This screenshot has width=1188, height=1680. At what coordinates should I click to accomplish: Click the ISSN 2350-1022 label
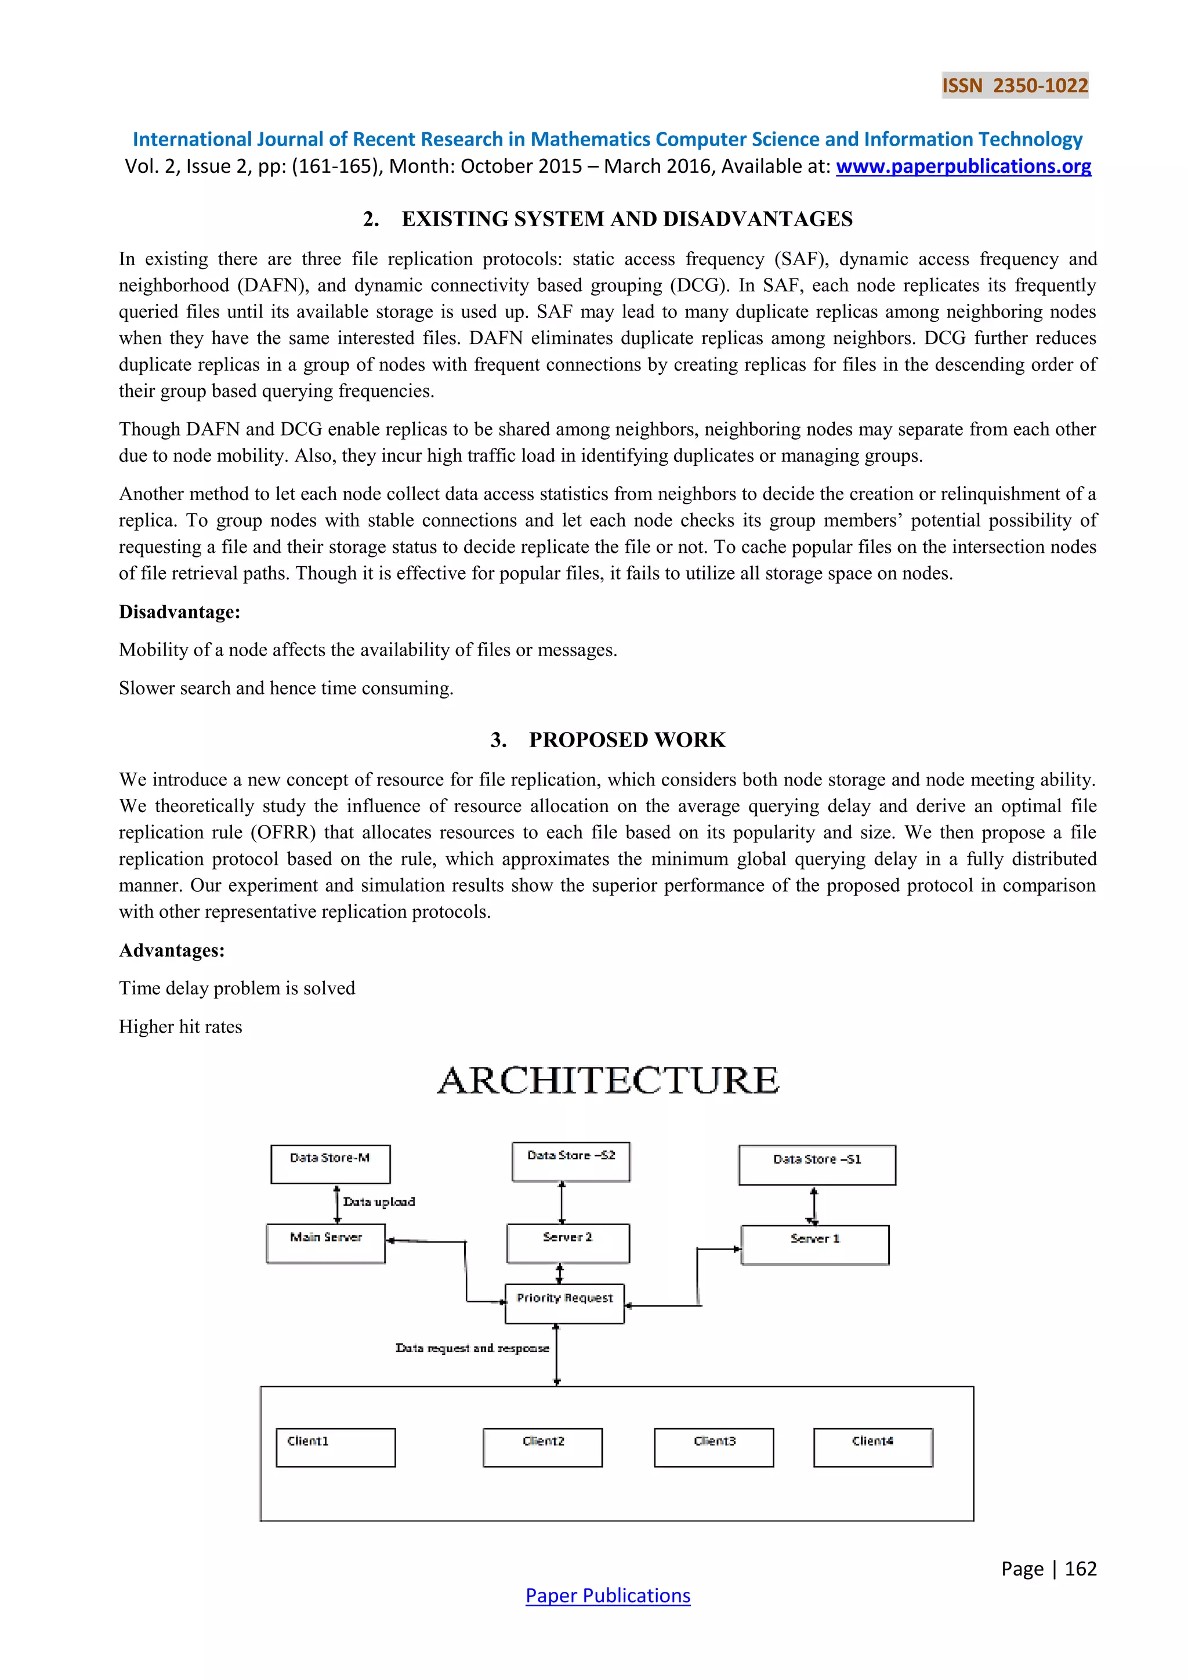click(x=1015, y=86)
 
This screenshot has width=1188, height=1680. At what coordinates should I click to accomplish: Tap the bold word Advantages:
click(x=172, y=950)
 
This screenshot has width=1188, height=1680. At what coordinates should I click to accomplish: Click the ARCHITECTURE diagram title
click(x=608, y=1081)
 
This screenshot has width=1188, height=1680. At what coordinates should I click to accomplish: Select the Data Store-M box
click(x=330, y=1164)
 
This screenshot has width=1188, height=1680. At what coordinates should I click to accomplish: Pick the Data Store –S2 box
click(x=571, y=1161)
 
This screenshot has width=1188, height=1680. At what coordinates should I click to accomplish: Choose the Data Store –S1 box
click(x=817, y=1165)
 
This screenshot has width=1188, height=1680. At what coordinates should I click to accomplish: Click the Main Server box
click(x=325, y=1243)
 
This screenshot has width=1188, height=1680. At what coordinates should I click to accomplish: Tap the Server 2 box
click(x=568, y=1243)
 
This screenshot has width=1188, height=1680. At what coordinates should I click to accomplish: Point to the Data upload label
click(x=379, y=1202)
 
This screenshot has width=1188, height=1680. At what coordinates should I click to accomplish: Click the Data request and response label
click(x=472, y=1348)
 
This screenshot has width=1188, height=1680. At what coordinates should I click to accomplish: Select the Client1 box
click(x=335, y=1447)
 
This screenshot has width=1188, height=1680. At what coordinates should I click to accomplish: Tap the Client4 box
click(x=872, y=1447)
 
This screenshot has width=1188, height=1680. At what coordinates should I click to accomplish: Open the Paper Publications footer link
click(x=608, y=1596)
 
